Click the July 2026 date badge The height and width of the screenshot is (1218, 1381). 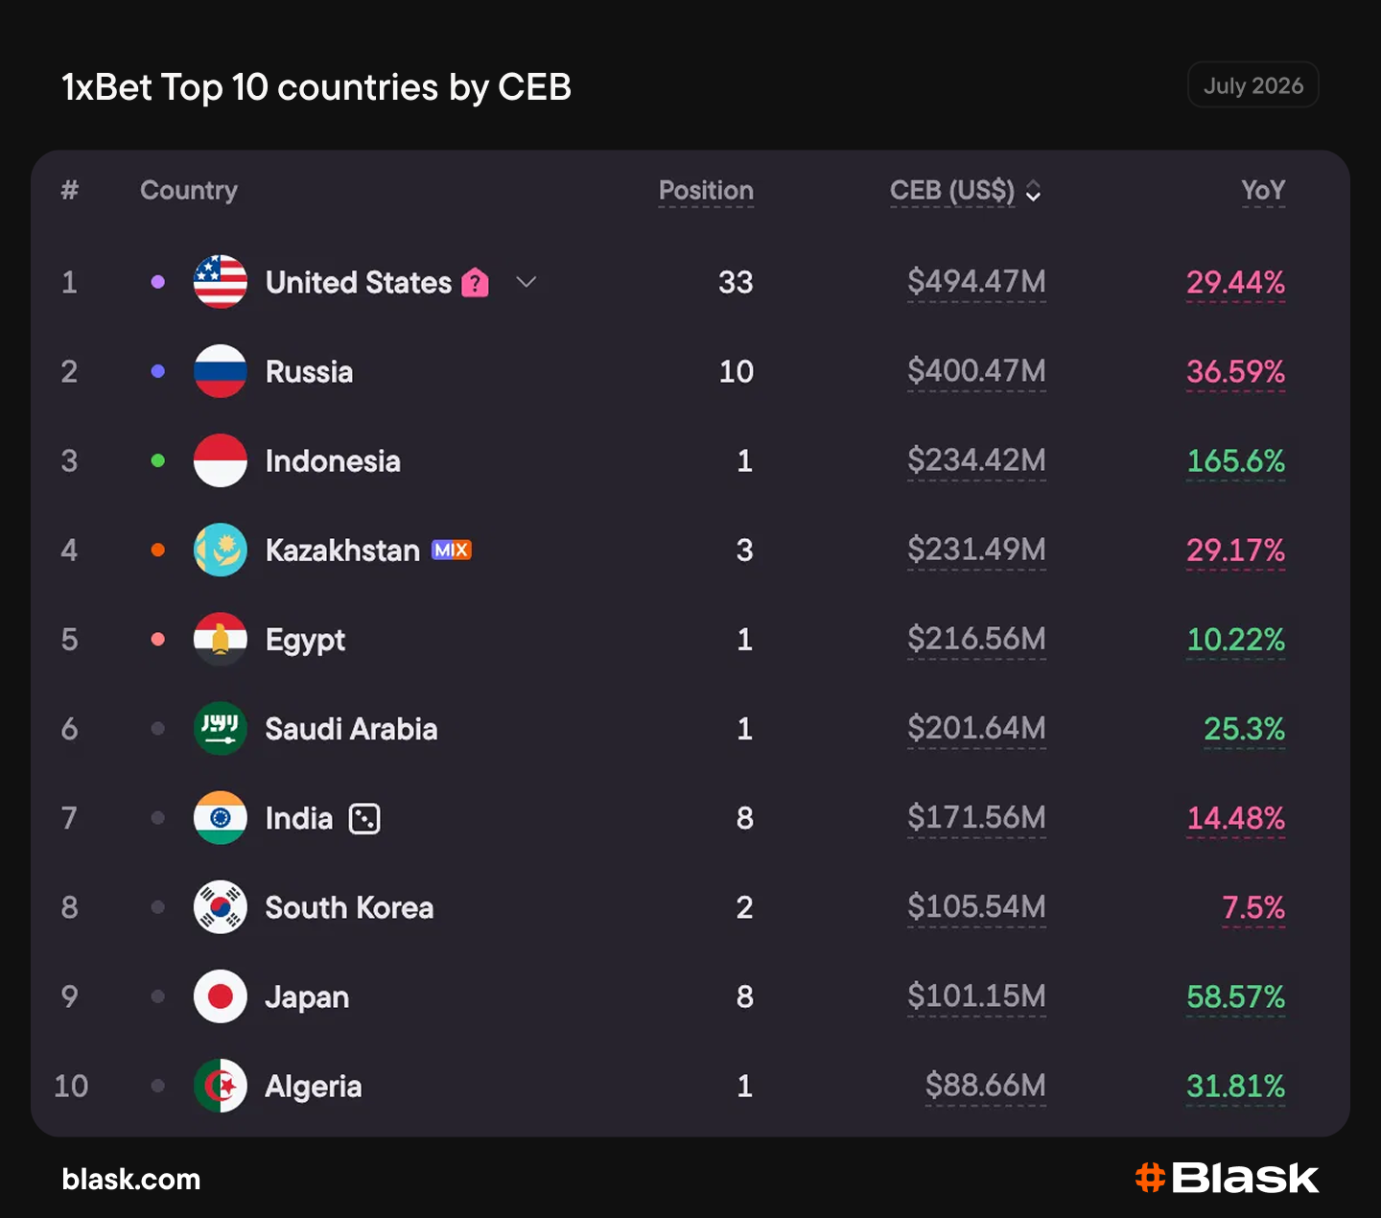coord(1252,85)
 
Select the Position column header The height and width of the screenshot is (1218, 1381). coord(706,190)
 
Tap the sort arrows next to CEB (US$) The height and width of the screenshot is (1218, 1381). coord(1034,190)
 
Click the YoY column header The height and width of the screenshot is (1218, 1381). coord(1263,190)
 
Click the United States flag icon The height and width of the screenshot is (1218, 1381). coord(221,282)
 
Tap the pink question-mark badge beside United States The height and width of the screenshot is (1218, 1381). coord(475,282)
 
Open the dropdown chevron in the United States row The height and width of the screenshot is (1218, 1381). coord(527,282)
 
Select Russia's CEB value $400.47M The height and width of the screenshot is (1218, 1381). coord(976,371)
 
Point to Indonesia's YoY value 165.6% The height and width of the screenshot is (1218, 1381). coord(1236,460)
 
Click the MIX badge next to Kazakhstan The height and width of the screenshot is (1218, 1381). coord(452,550)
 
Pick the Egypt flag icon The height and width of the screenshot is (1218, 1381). coord(221,640)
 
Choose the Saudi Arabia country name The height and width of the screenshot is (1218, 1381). coord(351,729)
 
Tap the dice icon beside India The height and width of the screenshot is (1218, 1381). coord(364,818)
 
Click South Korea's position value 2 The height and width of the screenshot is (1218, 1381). coord(744,907)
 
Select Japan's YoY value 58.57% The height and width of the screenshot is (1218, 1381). coord(1236,996)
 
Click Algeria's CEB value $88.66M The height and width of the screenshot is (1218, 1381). coord(985,1086)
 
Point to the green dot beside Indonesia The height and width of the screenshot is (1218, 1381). coord(157,460)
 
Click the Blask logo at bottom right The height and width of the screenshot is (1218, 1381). coord(1227,1178)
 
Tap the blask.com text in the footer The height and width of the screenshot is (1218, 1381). coord(130,1179)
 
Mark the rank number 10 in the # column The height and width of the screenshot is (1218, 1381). coord(71,1086)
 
